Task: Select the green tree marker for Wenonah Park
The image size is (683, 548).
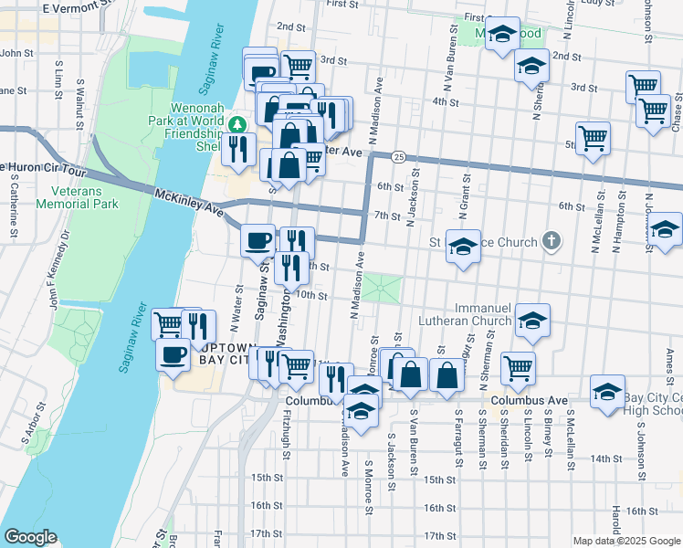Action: (237, 123)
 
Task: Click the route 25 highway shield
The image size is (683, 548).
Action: (399, 158)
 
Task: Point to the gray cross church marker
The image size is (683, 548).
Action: (550, 242)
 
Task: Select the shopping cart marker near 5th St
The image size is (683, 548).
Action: (594, 138)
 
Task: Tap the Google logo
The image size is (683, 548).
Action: (31, 537)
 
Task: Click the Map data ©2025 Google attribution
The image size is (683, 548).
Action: (626, 541)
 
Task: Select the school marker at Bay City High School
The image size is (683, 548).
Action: (607, 393)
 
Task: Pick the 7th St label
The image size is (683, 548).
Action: (387, 216)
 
